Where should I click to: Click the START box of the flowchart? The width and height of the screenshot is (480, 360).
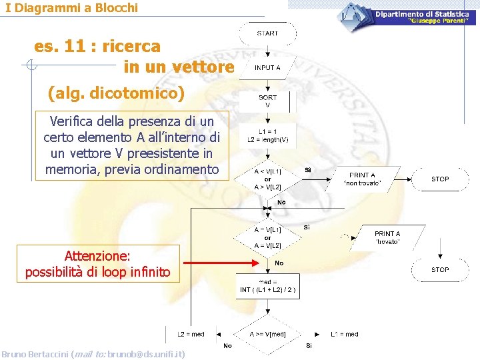267,33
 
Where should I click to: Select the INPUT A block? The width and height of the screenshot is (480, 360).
267,67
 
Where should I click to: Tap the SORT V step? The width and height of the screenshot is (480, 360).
267,101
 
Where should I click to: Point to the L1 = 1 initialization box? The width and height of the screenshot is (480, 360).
268,135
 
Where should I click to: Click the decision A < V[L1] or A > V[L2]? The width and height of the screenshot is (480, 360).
267,179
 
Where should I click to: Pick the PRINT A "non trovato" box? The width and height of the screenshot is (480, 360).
362,179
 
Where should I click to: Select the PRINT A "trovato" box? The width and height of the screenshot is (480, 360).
387,237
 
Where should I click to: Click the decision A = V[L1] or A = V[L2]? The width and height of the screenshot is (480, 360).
267,237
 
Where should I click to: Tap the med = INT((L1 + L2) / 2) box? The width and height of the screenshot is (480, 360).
267,286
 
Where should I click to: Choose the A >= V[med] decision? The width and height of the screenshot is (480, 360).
267,334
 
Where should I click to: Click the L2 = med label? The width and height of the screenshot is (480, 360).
191,334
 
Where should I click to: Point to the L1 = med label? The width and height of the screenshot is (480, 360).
344,334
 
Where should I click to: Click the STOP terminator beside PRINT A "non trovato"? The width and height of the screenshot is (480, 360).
440,179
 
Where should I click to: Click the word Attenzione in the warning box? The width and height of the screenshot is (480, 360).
97,256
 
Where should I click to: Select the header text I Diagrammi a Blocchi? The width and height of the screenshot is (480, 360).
71,8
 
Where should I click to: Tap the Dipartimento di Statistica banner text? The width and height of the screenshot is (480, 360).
421,14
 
